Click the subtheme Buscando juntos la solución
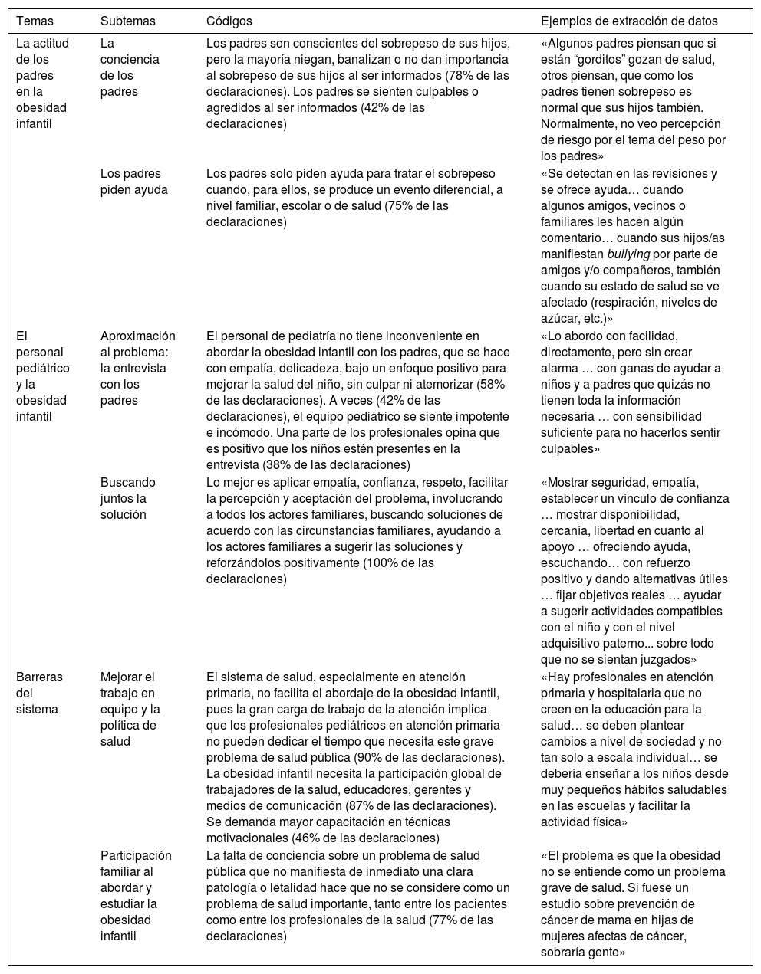pyautogui.click(x=128, y=498)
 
